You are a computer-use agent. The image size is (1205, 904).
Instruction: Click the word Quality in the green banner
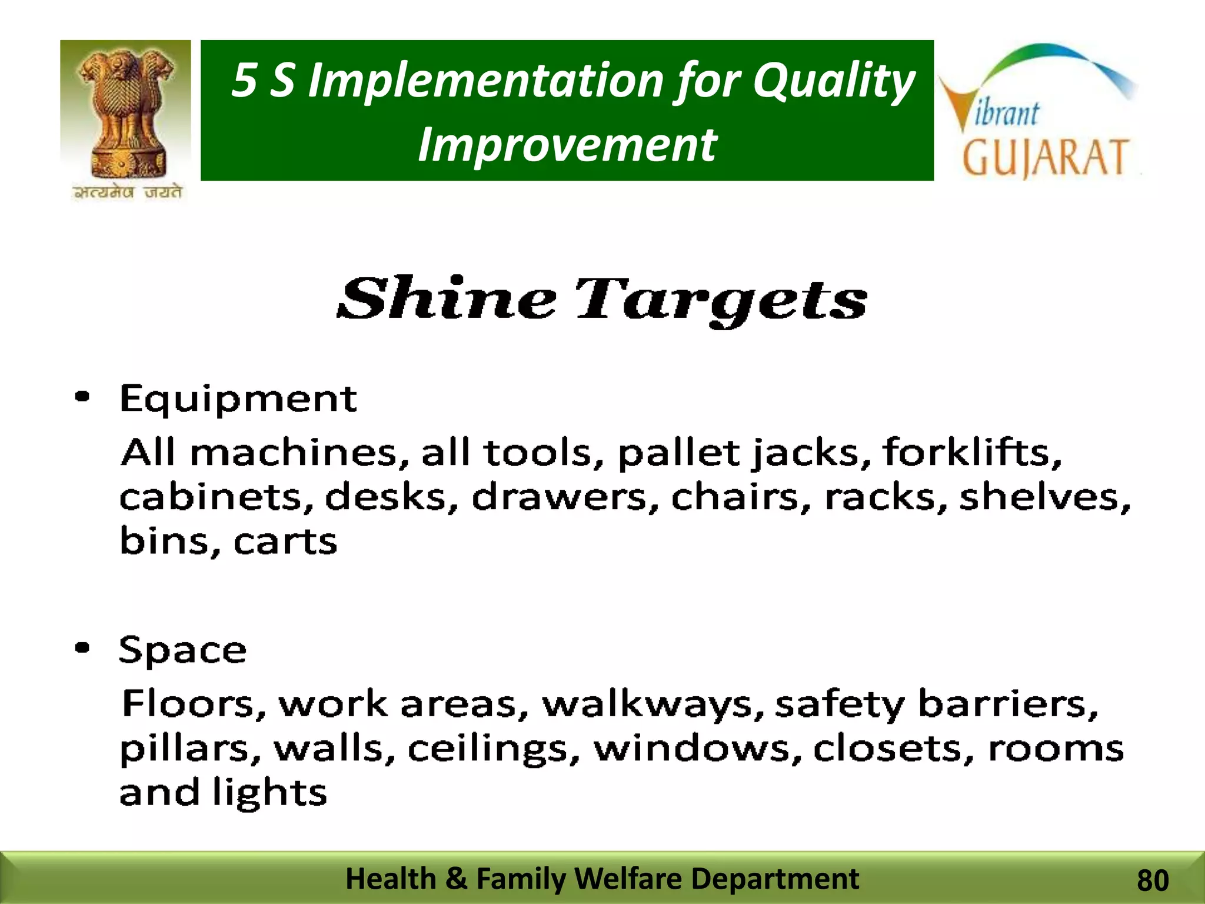tap(834, 81)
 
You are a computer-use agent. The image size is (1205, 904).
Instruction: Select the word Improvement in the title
tap(567, 145)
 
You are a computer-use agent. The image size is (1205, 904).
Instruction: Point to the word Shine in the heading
tap(446, 300)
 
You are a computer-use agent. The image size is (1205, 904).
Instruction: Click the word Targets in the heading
tap(721, 301)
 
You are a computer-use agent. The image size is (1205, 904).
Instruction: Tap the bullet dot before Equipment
tap(83, 397)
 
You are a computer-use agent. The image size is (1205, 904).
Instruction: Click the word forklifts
tap(973, 452)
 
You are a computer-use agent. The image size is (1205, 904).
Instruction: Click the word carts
tap(285, 541)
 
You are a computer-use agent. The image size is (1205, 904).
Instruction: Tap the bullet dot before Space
tap(83, 648)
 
